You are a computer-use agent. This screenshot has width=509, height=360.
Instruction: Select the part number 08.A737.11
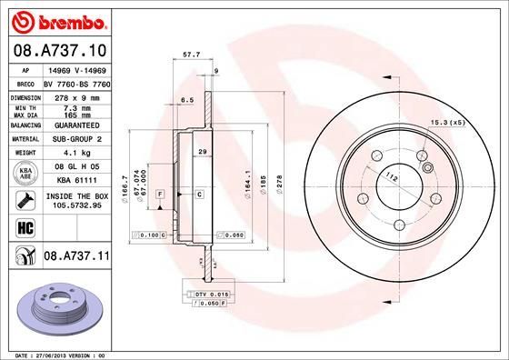76,258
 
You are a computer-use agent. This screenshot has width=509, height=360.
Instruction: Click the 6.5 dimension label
188,99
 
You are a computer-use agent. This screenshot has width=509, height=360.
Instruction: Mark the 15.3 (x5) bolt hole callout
449,122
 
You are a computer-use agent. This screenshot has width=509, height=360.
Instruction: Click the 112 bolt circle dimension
391,175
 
